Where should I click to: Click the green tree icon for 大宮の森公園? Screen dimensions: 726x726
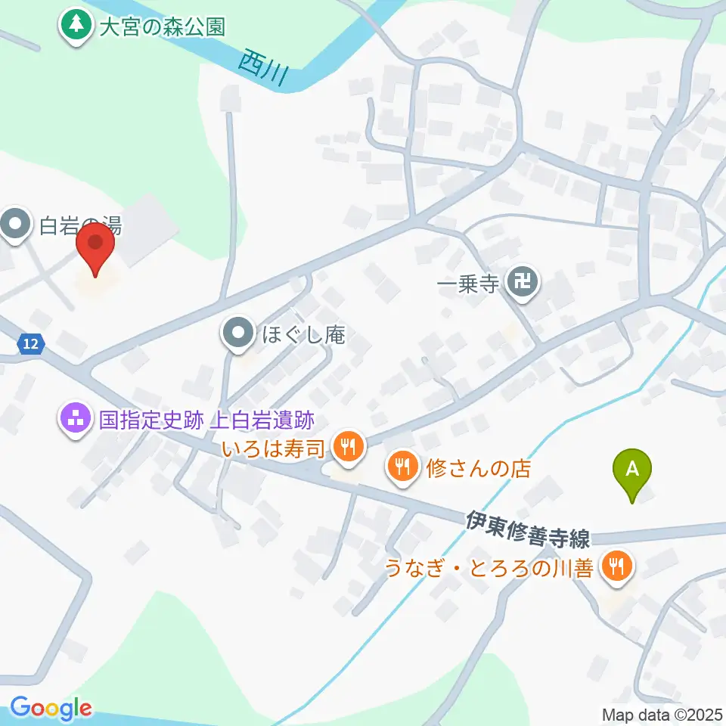click(75, 27)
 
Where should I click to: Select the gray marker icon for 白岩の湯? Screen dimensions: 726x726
click(17, 225)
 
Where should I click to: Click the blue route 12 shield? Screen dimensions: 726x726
click(29, 344)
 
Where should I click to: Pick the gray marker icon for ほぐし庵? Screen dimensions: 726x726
click(239, 333)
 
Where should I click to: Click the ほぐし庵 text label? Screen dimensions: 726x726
click(303, 334)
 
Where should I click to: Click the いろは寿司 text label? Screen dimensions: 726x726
click(274, 448)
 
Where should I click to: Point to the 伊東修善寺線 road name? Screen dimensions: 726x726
click(528, 529)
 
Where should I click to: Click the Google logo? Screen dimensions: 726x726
click(51, 709)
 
